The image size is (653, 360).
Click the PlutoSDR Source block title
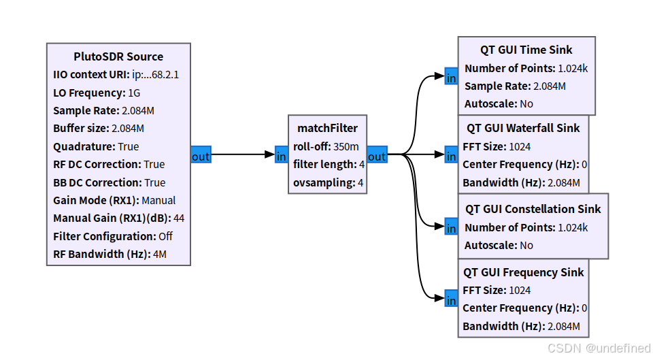pos(118,56)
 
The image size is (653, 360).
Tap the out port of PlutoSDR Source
pos(201,154)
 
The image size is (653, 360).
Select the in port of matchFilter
pos(282,154)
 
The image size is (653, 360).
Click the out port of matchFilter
pos(378,154)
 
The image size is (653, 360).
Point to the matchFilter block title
pos(327,129)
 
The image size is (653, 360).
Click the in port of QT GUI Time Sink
pos(451,76)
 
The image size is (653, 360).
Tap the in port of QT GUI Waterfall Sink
pos(451,154)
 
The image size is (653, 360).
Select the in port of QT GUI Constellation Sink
pos(451,226)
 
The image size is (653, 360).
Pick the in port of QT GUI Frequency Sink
pos(451,298)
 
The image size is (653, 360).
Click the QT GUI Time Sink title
pos(526,50)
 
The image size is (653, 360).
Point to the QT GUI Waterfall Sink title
pos(523,129)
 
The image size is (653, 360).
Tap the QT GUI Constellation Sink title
pos(533,209)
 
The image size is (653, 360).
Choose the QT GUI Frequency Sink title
pos(524,272)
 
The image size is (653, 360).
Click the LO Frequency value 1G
pos(134,93)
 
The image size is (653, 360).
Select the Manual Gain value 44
pos(179,218)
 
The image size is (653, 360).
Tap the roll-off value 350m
pos(346,147)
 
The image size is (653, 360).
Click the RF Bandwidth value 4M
pos(160,254)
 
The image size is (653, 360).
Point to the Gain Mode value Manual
pos(158,201)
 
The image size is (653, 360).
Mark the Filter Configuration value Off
pos(165,236)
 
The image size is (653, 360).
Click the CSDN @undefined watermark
pos(599,348)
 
